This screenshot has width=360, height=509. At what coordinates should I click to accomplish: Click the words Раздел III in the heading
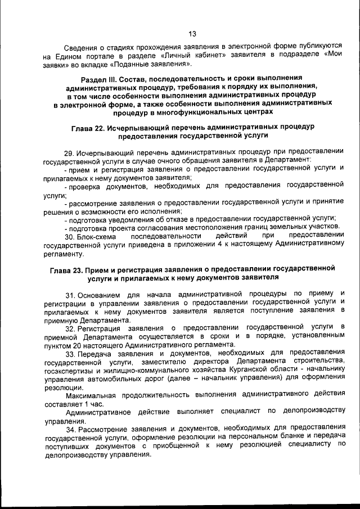[100, 78]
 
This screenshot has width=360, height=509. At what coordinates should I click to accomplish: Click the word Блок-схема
[98, 235]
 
